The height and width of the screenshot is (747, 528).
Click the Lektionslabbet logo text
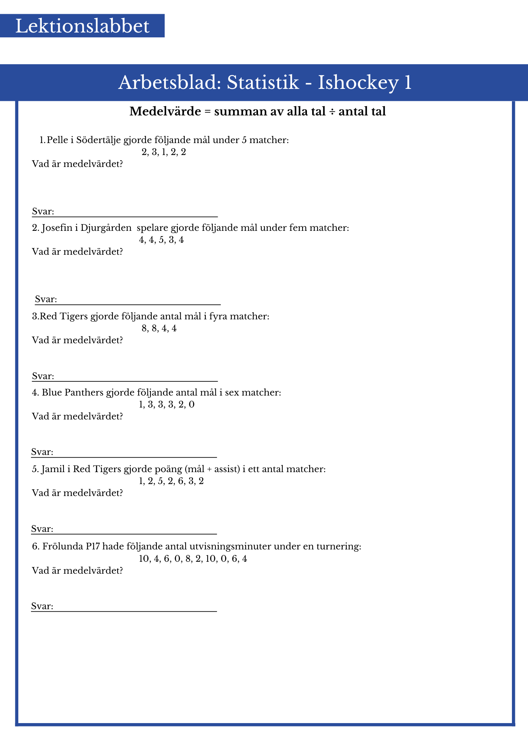coord(83,26)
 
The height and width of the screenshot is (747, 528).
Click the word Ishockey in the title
coord(358,83)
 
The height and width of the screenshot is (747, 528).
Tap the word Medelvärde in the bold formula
coord(165,111)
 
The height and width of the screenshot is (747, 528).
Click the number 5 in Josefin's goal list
coord(161,240)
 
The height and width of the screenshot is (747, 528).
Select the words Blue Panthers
coord(73,393)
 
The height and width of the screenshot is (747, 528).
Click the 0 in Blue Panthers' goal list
coord(192,405)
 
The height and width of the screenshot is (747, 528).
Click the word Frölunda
coord(62,547)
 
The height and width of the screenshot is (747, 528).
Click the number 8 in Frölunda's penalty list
coord(188,559)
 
